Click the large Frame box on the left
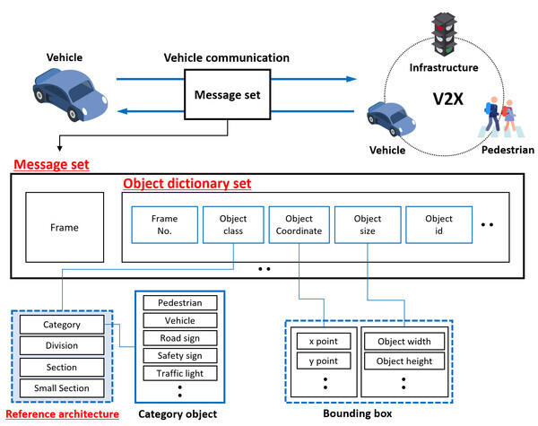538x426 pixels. [x=64, y=228]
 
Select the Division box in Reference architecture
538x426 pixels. [x=61, y=345]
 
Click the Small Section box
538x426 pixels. [x=61, y=387]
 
